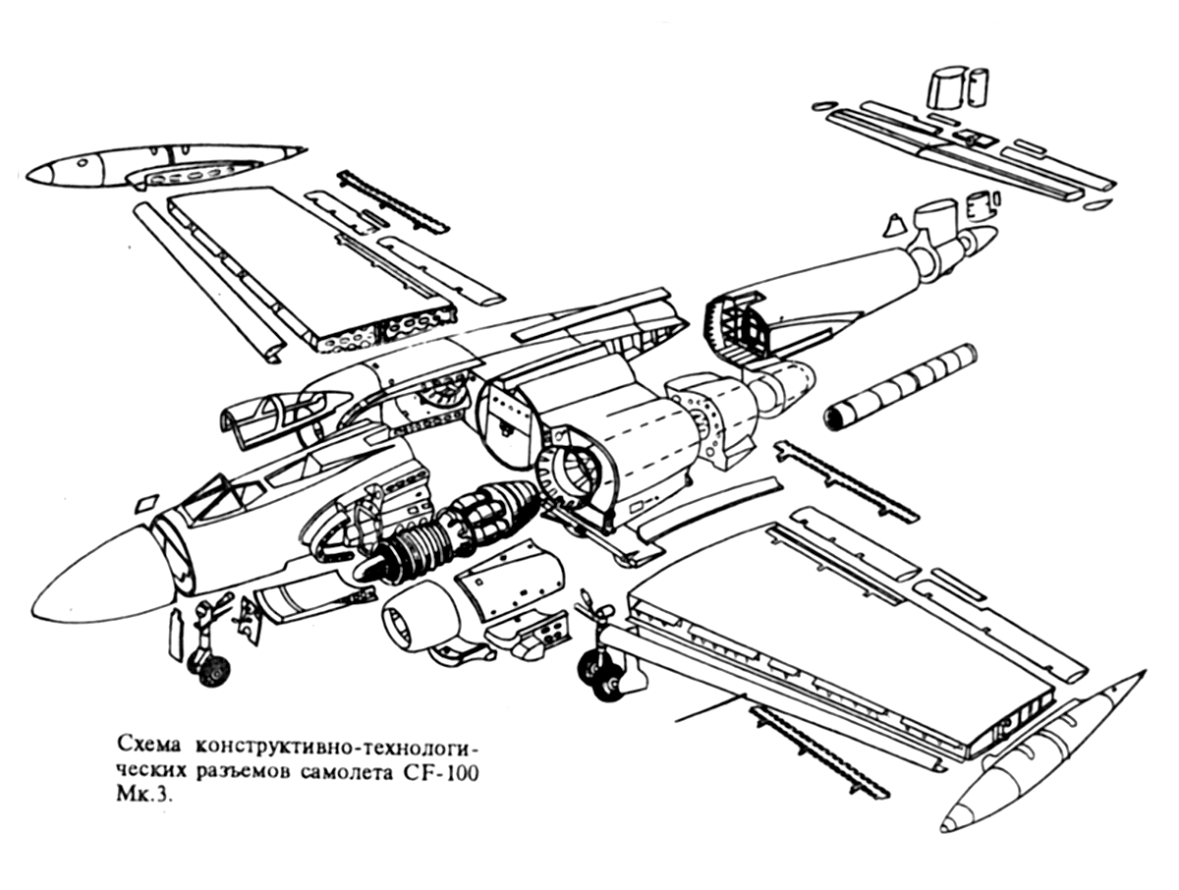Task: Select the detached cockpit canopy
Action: [x=285, y=414]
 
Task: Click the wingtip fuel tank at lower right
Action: [x=1041, y=756]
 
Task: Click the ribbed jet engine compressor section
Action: [x=418, y=560]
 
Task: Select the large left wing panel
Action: [x=305, y=265]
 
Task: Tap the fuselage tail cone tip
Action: [x=982, y=239]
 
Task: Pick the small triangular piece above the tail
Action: [x=894, y=224]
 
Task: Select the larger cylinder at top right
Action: [x=946, y=85]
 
